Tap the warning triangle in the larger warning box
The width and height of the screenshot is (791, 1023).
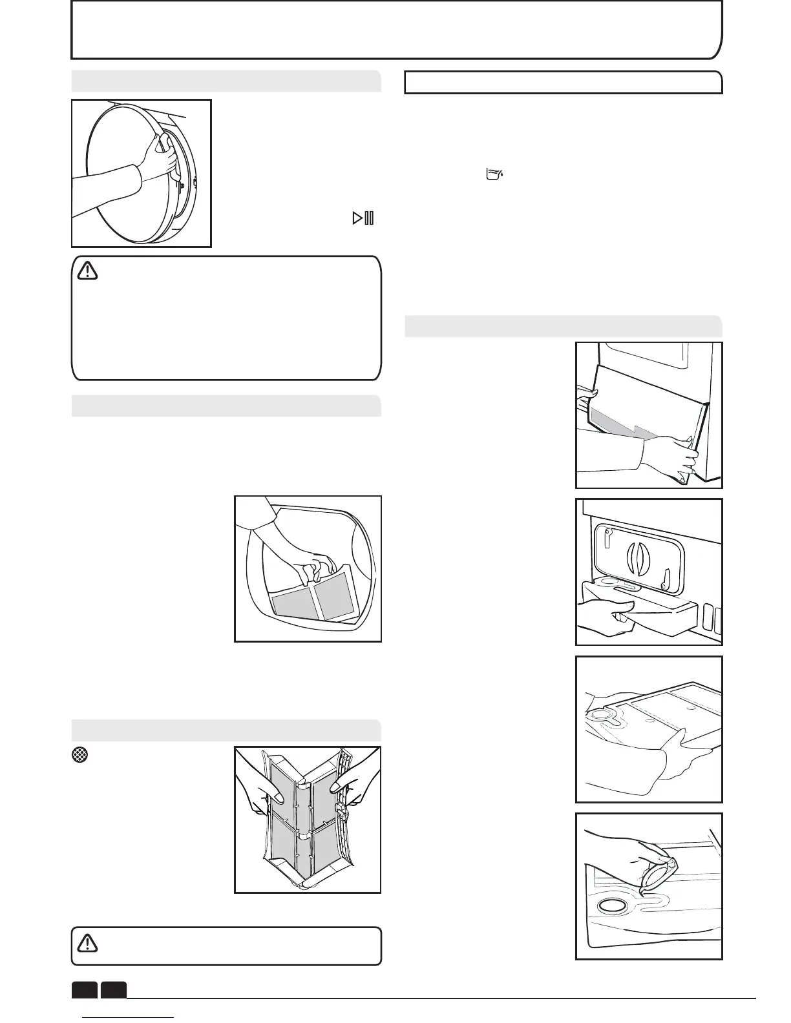[x=87, y=271]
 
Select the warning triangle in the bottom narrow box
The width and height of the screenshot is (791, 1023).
[x=87, y=944]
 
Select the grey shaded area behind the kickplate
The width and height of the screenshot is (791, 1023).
[x=620, y=429]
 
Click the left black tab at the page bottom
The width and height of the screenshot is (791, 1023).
[x=84, y=989]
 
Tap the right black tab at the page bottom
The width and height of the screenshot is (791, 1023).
[x=113, y=989]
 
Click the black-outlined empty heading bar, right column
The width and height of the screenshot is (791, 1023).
[x=563, y=83]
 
